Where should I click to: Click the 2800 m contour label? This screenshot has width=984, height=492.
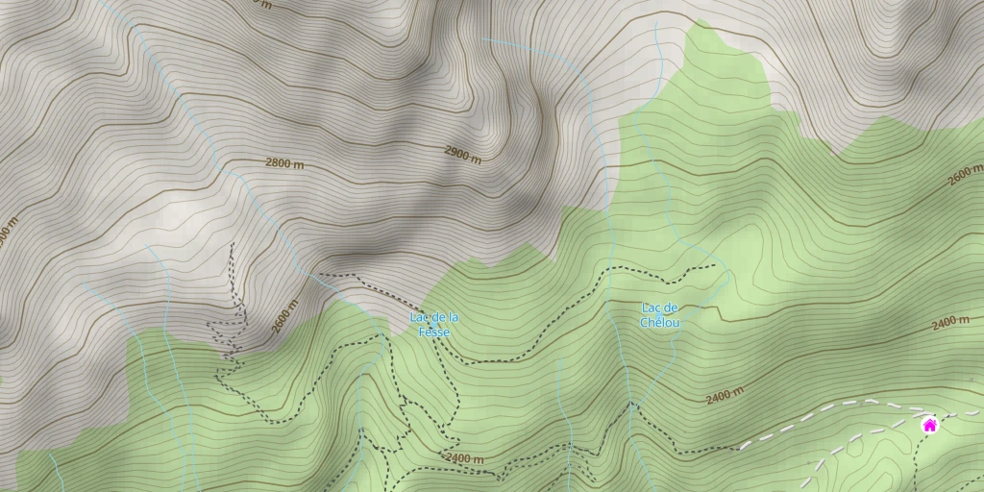[284, 163]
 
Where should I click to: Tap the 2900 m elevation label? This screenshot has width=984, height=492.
[462, 154]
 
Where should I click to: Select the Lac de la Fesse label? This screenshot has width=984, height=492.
[433, 325]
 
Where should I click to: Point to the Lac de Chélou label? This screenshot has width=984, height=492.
[660, 315]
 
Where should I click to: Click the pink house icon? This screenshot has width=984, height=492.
[929, 425]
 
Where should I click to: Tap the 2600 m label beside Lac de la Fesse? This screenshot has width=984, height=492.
[284, 316]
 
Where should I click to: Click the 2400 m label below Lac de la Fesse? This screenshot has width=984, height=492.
[464, 459]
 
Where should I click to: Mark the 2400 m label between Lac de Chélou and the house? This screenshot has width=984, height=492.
[725, 395]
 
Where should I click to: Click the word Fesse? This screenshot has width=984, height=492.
[433, 332]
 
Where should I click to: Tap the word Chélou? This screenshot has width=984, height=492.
[660, 323]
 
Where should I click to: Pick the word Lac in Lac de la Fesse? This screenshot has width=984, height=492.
[419, 317]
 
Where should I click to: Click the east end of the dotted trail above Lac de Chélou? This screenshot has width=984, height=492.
[716, 265]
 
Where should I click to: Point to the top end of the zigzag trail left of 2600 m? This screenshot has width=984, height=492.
[233, 244]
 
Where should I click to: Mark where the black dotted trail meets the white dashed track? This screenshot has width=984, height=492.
[740, 448]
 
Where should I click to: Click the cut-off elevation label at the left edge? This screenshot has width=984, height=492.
[7, 233]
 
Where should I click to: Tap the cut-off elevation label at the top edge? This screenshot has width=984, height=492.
[260, 3]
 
